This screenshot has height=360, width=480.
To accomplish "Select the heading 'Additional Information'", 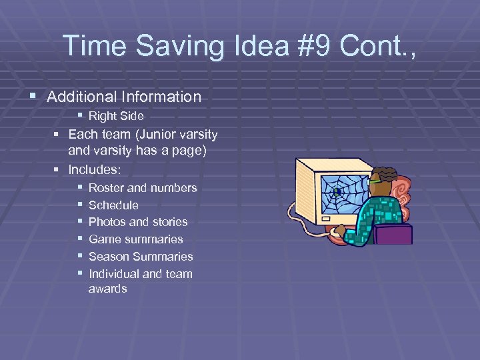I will (124, 97).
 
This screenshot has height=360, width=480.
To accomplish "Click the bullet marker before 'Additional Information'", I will (34, 97).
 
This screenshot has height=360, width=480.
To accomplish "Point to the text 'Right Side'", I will (116, 116).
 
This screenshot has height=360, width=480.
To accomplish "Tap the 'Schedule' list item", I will (113, 205).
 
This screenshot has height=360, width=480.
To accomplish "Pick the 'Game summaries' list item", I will (135, 239).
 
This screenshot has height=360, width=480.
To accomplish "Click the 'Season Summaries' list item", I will (141, 257).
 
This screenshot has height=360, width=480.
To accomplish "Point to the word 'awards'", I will (107, 289).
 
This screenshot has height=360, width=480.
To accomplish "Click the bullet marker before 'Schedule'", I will (80, 205).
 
